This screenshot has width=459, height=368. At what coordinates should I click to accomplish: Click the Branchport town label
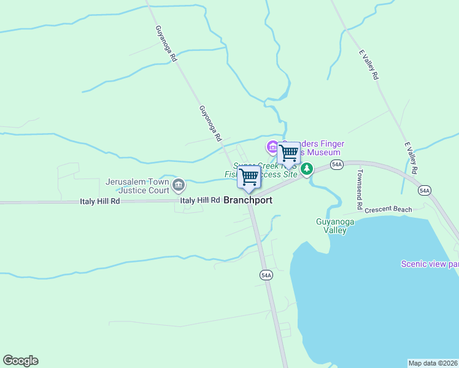point(248,201)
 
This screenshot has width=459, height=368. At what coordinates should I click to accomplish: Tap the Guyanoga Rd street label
point(166,44)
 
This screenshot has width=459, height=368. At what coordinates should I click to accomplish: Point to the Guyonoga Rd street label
point(210,124)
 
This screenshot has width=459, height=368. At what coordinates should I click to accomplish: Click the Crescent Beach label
point(388,210)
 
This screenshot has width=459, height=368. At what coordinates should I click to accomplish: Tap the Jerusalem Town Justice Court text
point(137,186)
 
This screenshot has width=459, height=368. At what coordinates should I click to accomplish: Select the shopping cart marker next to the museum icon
point(288,153)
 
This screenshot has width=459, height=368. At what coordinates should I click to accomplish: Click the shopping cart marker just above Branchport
point(249,177)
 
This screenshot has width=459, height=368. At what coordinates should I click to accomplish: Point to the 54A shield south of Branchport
point(265,275)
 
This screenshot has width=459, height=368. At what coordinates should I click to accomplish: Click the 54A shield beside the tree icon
point(336,164)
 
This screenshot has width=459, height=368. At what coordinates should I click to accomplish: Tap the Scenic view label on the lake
point(429,264)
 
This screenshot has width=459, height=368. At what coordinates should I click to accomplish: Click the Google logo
point(20,361)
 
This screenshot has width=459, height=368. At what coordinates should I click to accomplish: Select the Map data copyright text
point(433,363)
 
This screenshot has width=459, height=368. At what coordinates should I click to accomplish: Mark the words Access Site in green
point(279,174)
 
